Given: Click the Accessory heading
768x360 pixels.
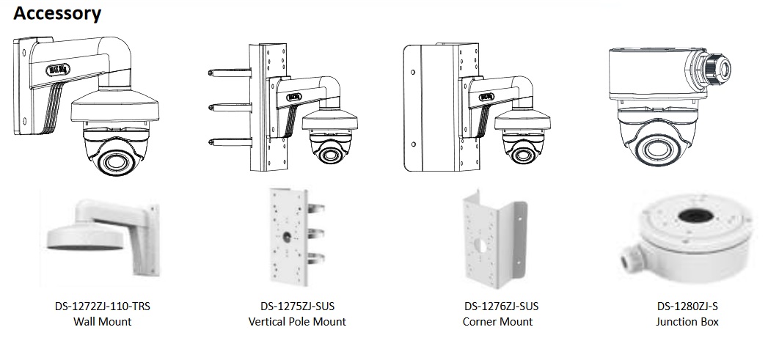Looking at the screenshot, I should click(x=57, y=13).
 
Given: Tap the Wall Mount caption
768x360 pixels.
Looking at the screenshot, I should click(x=102, y=322).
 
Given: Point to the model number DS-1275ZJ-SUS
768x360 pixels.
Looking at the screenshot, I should click(x=297, y=306).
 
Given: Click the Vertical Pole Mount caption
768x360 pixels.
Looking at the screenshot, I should click(x=297, y=322).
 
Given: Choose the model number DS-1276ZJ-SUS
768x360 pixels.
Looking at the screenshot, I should click(x=497, y=306).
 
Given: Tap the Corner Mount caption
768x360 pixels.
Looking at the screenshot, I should click(x=497, y=322).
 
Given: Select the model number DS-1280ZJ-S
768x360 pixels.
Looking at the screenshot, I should click(x=687, y=306).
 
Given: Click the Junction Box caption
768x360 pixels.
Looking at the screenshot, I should click(x=687, y=322).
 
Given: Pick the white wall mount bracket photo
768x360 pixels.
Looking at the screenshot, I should click(x=103, y=233).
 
